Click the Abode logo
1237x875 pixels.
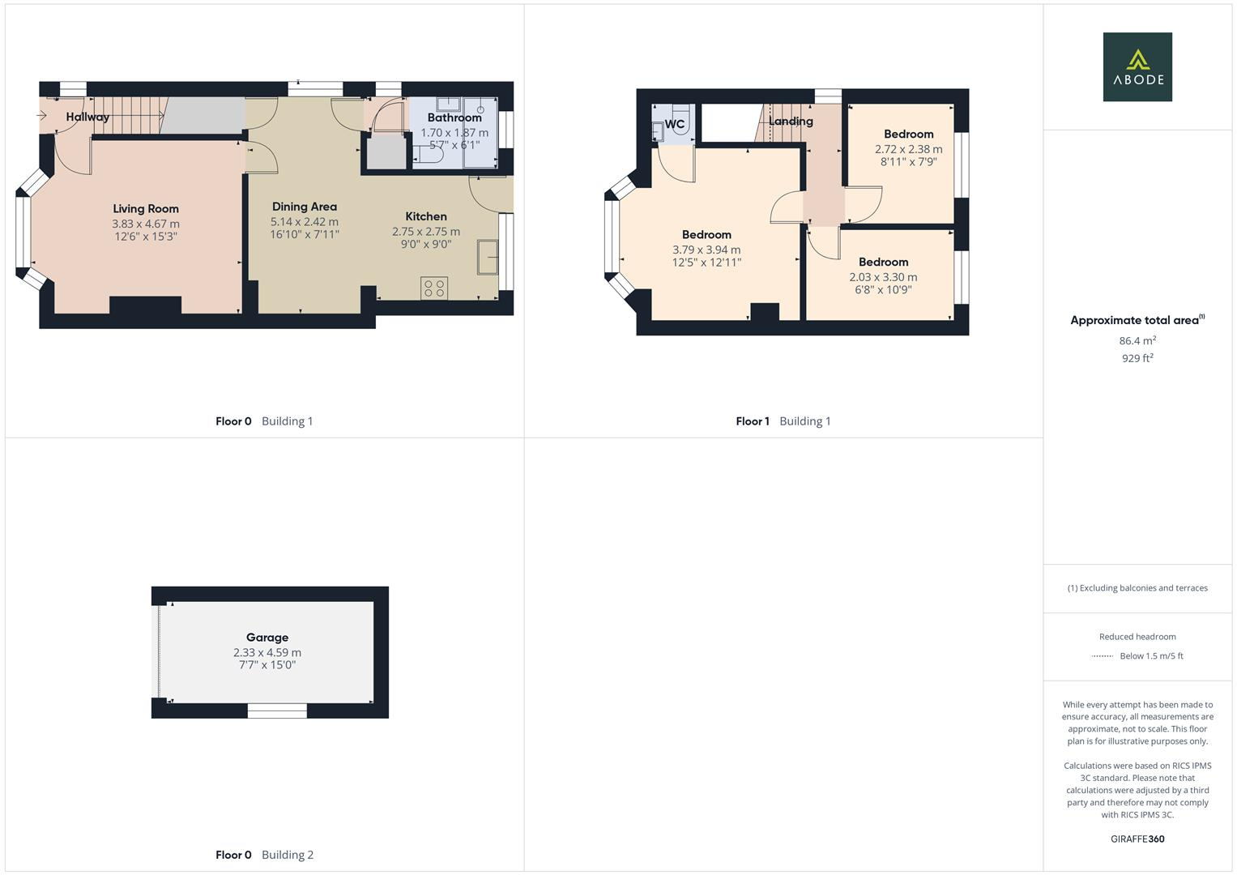(1137, 66)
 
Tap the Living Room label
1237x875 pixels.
(146, 209)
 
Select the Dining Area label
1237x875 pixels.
(304, 207)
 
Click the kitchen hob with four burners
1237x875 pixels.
(434, 288)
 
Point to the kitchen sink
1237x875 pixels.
(488, 257)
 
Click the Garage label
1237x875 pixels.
(267, 638)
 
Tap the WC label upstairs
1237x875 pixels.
(674, 124)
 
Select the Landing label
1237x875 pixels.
(791, 122)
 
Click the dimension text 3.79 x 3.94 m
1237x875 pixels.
(706, 250)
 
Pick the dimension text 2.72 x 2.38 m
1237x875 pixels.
(908, 149)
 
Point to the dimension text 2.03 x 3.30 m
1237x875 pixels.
(883, 277)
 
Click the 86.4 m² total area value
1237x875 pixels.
(1137, 341)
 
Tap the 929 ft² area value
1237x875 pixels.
(1137, 358)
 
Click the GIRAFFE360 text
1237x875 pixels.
(1137, 839)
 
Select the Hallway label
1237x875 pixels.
(87, 117)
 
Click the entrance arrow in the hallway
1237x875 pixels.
(42, 116)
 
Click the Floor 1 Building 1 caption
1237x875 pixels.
(783, 421)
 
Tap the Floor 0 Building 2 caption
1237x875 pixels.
(264, 855)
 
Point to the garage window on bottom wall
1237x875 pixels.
(277, 711)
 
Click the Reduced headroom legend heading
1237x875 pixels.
(1137, 637)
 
